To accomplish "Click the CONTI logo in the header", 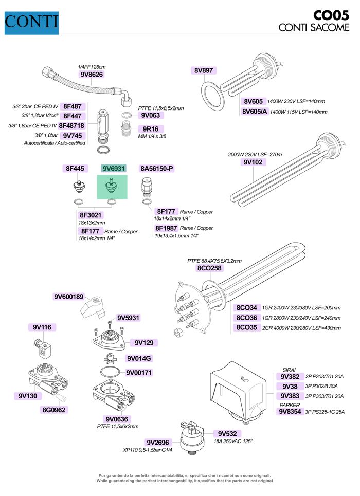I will (31, 22).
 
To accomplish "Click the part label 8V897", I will (204, 71).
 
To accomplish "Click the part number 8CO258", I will (209, 268).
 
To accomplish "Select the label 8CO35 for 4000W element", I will (247, 327).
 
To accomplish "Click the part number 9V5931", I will (128, 318).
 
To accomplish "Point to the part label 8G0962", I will (55, 410).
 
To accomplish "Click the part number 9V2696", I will (157, 442).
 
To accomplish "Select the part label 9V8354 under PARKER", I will (290, 411).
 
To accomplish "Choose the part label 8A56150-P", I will (157, 169).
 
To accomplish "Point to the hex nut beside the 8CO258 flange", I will (177, 331).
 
